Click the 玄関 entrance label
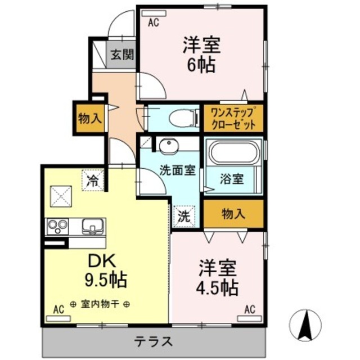121,55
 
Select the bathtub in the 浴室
232,153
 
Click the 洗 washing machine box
183,215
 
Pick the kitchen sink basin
92,226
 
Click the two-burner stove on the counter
57,226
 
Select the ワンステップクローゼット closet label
233,118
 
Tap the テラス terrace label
152,341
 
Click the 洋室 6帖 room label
200,54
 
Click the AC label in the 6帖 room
153,23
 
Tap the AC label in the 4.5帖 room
250,309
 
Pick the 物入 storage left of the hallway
89,119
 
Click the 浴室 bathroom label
232,180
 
